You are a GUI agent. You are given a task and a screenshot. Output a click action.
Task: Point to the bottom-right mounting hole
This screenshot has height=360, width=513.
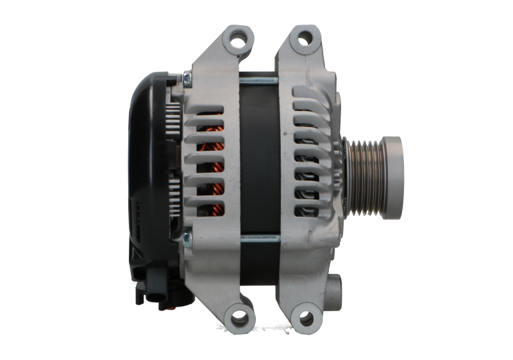[307, 317]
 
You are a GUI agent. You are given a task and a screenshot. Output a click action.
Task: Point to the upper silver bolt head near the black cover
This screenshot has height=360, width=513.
[187, 79]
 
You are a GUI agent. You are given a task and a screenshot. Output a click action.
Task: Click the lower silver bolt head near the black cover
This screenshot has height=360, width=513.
[187, 240]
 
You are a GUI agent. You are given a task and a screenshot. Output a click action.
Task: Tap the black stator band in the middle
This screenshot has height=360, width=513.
[260, 160]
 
